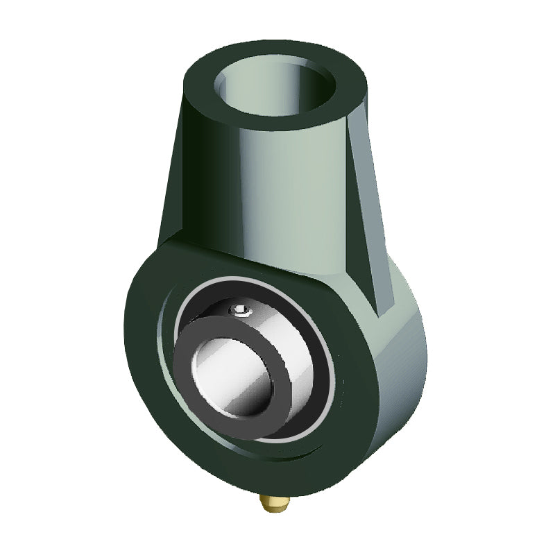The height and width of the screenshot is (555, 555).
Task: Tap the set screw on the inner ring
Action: (239, 310)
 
